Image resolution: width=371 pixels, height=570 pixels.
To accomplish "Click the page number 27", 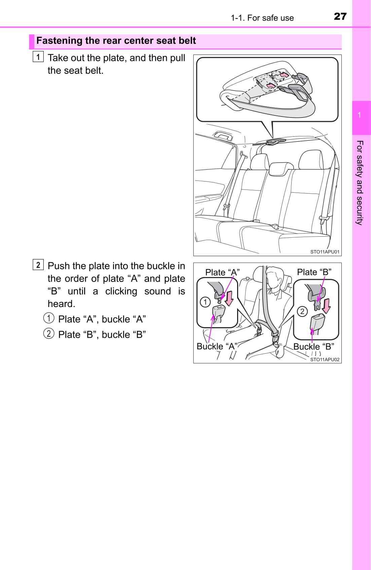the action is (x=340, y=16).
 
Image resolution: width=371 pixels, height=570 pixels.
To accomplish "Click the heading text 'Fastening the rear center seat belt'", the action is (x=116, y=41).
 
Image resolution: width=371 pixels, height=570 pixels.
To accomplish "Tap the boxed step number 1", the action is (x=38, y=57).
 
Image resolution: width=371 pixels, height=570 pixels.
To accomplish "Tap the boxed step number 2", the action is (x=38, y=265).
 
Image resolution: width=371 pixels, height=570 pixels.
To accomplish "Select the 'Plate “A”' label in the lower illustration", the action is (x=222, y=272).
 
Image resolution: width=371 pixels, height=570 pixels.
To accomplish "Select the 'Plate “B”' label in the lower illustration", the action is (x=314, y=272).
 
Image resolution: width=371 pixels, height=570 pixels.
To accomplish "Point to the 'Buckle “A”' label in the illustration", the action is (x=217, y=346).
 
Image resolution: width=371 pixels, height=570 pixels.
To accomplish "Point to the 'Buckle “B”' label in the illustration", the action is (x=313, y=346).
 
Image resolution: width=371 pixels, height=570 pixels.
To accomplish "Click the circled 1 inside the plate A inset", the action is (x=205, y=302).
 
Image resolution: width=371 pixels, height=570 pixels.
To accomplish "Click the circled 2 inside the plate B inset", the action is (x=302, y=311).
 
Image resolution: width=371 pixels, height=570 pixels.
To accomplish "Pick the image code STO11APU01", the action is (x=325, y=252).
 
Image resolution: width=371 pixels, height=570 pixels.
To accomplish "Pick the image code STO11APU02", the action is (x=325, y=360).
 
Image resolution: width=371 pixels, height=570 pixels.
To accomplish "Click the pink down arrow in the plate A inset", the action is (x=229, y=299).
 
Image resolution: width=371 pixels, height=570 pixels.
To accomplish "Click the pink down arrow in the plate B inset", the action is (x=326, y=306).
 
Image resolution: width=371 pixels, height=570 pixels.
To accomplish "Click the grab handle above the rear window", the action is (x=223, y=135).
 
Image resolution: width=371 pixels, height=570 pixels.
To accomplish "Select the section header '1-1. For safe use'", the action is (x=262, y=18).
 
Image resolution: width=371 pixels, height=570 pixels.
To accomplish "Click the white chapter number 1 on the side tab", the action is (x=359, y=115).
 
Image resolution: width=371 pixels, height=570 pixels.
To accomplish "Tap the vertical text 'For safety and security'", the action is (x=360, y=183).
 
